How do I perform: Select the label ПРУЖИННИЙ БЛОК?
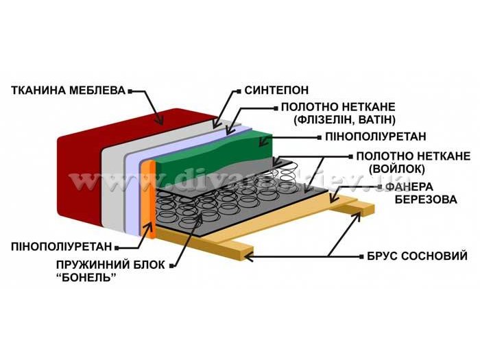pos(104,263)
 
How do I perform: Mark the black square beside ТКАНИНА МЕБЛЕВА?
pos(130,90)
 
